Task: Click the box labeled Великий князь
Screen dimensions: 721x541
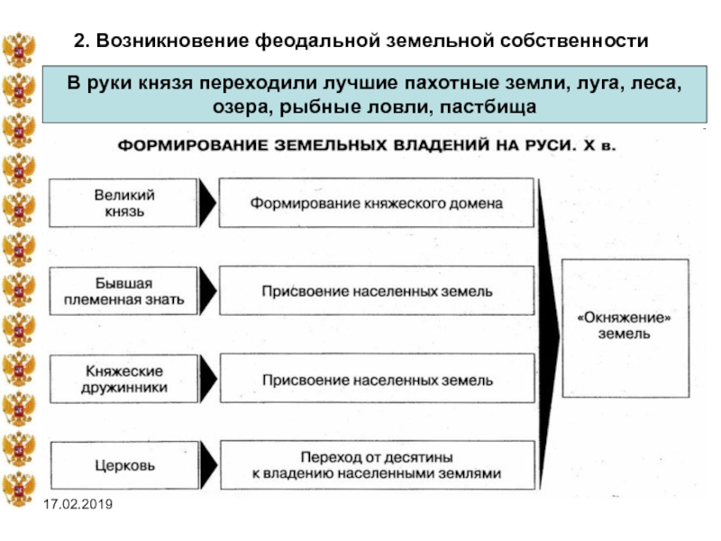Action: tap(123, 203)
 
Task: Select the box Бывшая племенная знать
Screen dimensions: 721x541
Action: tap(123, 291)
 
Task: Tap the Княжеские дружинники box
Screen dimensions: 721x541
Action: tap(124, 379)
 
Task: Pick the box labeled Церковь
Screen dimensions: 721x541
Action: tap(124, 465)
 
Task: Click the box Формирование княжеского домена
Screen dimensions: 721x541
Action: tap(377, 203)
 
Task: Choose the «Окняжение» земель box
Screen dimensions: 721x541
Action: tap(625, 328)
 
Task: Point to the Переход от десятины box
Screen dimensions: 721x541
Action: tap(378, 465)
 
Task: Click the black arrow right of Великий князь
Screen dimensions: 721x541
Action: tap(207, 203)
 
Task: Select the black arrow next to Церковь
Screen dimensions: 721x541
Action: tap(209, 465)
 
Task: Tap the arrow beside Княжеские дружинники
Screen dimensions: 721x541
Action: tap(208, 379)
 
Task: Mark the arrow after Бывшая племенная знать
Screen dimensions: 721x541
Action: tap(208, 291)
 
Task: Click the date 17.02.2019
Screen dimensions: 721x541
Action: tap(78, 504)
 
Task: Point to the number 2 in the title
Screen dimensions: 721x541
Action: tap(80, 41)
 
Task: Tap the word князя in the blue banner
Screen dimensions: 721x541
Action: tap(166, 84)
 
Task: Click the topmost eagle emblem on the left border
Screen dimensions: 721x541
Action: tap(18, 50)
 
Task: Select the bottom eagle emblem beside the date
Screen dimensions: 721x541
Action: tap(18, 489)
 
